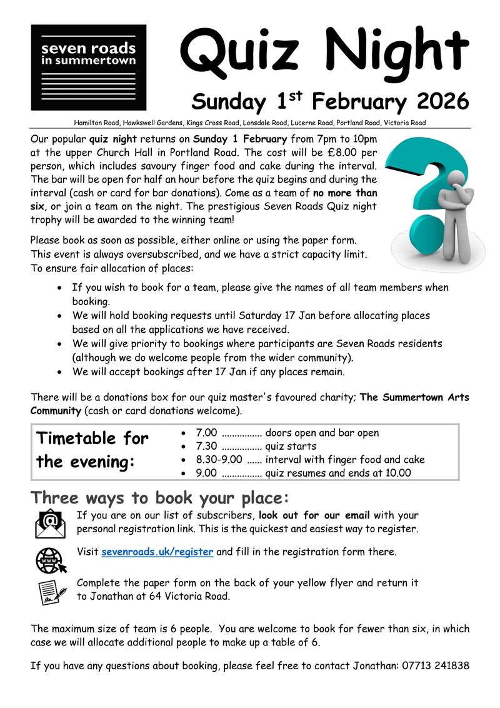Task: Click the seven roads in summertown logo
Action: point(88,68)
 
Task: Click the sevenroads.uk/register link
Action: point(157,552)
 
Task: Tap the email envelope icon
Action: point(50,523)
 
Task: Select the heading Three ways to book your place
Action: point(161,498)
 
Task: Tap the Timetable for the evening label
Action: point(92,450)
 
